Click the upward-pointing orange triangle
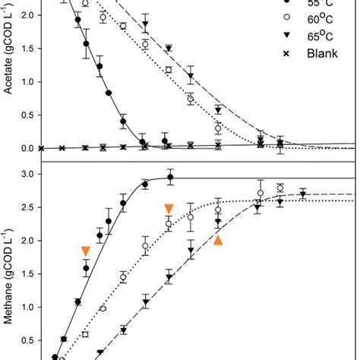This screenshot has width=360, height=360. coord(218,240)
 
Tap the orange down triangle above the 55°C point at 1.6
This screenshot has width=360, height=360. coord(86,251)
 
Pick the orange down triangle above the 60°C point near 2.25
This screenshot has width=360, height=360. coord(169,209)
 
